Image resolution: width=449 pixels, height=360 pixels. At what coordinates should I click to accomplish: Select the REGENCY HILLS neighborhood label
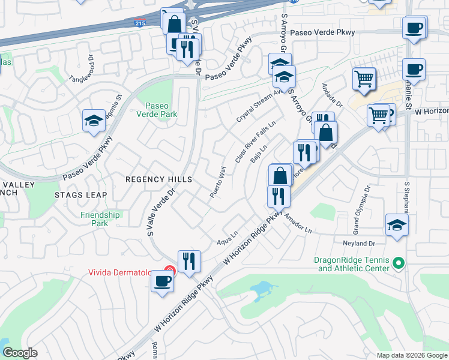click(x=158, y=179)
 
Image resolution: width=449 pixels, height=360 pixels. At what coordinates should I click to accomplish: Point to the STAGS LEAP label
click(x=81, y=195)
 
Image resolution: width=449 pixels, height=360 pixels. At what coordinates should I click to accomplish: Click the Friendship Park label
click(x=100, y=219)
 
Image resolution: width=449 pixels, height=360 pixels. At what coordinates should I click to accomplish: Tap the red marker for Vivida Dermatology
click(x=170, y=272)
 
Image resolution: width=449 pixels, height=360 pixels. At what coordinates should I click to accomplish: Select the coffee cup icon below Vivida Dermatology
click(x=161, y=280)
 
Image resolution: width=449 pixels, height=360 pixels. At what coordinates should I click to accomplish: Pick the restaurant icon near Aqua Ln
click(x=189, y=261)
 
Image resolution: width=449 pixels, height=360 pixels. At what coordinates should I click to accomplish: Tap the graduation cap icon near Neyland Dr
click(x=397, y=225)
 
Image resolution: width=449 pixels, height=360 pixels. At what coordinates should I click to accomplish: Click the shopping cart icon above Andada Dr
click(x=364, y=79)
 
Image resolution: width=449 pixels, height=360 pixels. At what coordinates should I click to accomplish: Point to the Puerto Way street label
click(x=218, y=182)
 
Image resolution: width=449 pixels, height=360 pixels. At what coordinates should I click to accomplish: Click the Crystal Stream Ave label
click(x=258, y=107)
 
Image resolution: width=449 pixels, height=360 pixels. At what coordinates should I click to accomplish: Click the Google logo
click(x=20, y=353)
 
